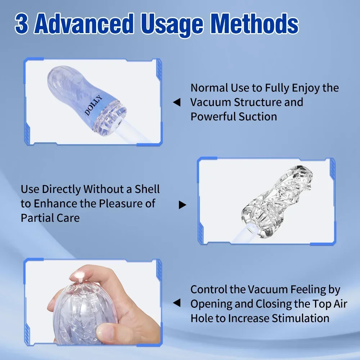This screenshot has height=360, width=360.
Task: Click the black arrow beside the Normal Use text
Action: pyautogui.click(x=176, y=103)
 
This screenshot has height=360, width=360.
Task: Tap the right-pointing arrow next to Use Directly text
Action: pyautogui.click(x=183, y=205)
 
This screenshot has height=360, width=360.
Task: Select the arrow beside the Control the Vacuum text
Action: pyautogui.click(x=176, y=303)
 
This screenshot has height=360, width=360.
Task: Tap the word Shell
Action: pyautogui.click(x=147, y=189)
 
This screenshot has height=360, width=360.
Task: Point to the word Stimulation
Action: pyautogui.click(x=301, y=318)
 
